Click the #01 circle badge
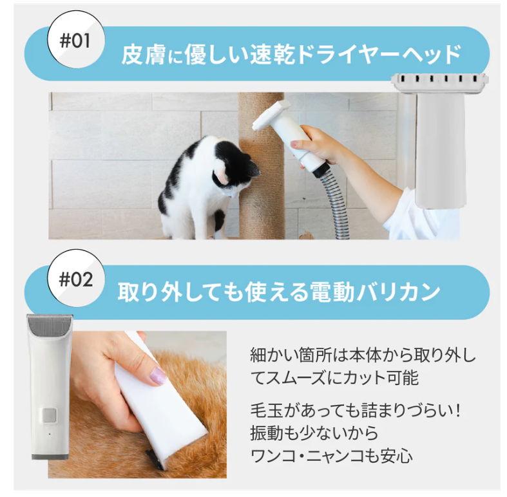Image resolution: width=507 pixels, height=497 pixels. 77,42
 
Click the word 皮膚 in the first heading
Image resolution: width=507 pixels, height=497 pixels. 140,54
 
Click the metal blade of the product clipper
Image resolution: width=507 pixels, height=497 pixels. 48,325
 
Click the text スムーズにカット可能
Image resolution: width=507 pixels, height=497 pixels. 334,377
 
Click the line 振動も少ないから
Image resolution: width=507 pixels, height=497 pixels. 314,433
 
